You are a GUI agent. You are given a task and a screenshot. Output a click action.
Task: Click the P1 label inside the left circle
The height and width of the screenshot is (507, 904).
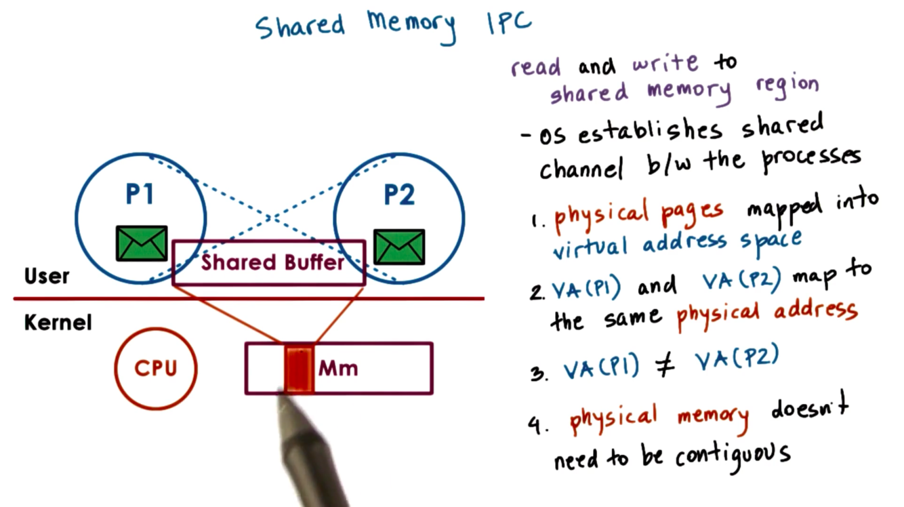click(x=140, y=195)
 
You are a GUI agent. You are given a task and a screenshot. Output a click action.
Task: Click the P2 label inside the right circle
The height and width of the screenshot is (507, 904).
click(x=399, y=195)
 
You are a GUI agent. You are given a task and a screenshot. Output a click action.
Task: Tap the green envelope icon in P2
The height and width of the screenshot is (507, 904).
click(x=399, y=247)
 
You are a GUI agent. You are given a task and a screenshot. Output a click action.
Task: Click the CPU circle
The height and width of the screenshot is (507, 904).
click(x=155, y=368)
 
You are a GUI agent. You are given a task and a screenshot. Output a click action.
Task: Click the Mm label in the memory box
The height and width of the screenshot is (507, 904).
click(x=338, y=369)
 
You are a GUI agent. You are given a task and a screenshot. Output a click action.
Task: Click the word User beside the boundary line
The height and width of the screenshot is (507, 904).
click(x=47, y=277)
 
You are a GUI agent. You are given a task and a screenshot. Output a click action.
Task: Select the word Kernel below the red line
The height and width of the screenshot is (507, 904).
click(x=58, y=323)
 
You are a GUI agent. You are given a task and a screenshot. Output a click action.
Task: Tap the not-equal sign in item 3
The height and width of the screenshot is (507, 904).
click(x=667, y=366)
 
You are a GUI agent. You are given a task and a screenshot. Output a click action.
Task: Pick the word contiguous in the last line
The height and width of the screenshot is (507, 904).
click(x=733, y=454)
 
